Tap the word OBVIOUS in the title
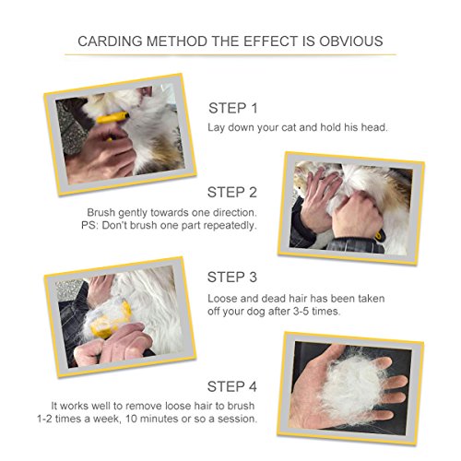[351, 41]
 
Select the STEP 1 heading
[233, 108]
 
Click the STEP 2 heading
[232, 193]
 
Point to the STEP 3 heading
[232, 277]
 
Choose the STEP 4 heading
[232, 386]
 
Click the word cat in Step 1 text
[289, 127]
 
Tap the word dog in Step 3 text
[255, 312]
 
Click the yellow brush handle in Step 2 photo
[380, 235]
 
